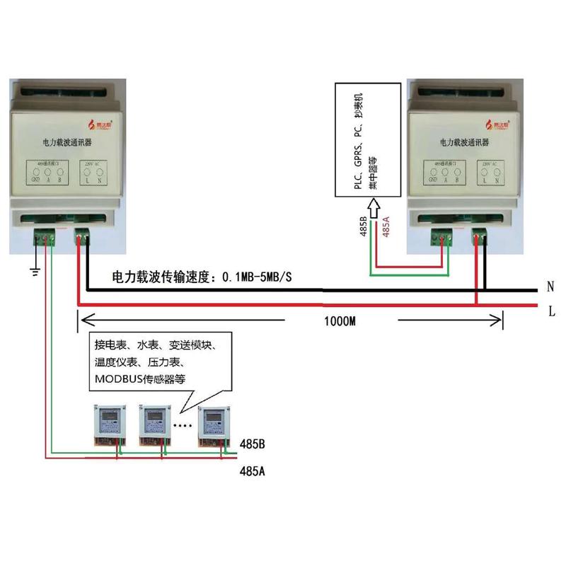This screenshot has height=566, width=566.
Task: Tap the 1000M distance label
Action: pyautogui.click(x=341, y=320)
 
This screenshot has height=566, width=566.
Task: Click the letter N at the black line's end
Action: pyautogui.click(x=550, y=287)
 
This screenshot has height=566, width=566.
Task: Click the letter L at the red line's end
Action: pyautogui.click(x=551, y=310)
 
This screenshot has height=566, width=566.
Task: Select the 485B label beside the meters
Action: pyautogui.click(x=253, y=445)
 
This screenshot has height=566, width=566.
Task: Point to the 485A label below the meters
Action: pyautogui.click(x=253, y=470)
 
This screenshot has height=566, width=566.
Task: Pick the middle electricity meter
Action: pyautogui.click(x=156, y=425)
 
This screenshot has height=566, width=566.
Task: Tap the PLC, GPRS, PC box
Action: pyautogui.click(x=367, y=141)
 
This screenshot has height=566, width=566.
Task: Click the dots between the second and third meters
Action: pyautogui.click(x=183, y=427)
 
